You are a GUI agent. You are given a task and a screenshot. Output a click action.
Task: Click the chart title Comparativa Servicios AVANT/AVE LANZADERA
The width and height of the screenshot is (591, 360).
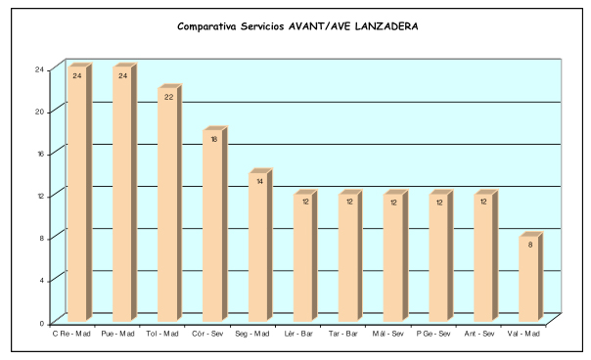click(297, 26)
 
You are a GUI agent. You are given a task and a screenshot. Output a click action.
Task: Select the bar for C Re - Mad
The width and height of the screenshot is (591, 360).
click(80, 193)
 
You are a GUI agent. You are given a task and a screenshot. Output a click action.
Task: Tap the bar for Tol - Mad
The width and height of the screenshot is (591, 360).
click(170, 202)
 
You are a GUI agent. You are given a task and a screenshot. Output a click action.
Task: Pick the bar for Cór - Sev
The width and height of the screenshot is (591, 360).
click(215, 224)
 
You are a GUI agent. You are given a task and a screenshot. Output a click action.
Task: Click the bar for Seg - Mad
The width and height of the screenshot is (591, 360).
click(260, 245)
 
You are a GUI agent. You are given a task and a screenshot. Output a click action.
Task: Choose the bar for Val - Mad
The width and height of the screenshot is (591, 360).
click(531, 277)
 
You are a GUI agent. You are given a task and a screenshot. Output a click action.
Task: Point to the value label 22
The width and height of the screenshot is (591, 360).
click(168, 97)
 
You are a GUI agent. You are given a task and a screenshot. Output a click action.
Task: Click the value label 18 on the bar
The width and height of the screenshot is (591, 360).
click(213, 140)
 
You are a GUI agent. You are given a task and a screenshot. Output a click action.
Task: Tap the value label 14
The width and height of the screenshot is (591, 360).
click(259, 182)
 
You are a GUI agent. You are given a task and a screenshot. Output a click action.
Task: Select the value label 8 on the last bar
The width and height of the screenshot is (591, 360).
click(530, 245)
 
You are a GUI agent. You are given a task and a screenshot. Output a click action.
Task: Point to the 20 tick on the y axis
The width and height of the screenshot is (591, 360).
click(39, 112)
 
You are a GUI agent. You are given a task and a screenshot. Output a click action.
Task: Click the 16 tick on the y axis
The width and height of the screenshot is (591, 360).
click(40, 154)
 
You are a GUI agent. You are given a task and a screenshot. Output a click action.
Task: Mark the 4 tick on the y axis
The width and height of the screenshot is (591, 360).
click(42, 281)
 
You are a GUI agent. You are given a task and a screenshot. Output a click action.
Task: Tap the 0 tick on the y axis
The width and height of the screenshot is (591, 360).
click(42, 324)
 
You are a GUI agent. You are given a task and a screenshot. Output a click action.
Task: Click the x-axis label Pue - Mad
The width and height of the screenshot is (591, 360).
click(118, 334)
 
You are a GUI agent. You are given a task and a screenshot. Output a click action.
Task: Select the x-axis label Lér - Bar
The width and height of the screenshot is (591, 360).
click(298, 334)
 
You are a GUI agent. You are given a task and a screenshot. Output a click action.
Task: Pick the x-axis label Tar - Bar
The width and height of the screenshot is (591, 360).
click(343, 334)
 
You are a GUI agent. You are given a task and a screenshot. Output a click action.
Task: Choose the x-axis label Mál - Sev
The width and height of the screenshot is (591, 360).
click(387, 334)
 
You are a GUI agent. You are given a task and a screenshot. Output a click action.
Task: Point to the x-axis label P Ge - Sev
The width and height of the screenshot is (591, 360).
click(433, 334)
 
